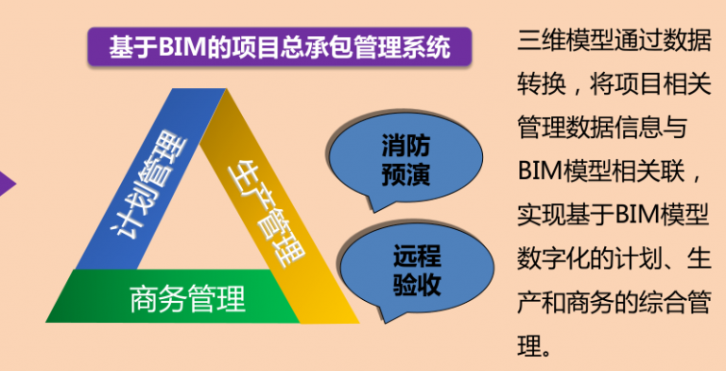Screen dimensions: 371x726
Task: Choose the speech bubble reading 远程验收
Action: [x=417, y=270]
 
